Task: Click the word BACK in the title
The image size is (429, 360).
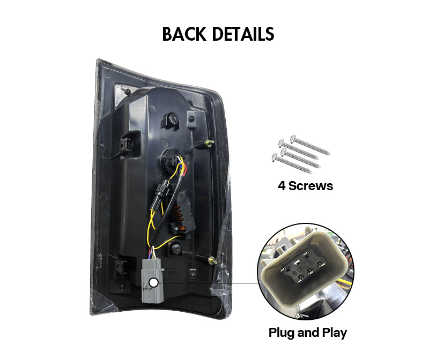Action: pos(184,34)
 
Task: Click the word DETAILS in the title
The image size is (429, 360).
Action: pos(243,34)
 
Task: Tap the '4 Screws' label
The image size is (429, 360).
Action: pos(305,186)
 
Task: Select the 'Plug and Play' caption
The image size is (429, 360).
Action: pos(307,333)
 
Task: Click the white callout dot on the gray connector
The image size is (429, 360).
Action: pos(154,283)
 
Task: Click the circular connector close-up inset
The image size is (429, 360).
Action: pos(306,272)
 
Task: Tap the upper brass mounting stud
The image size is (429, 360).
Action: pos(209,143)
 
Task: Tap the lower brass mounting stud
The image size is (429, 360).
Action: pos(212,260)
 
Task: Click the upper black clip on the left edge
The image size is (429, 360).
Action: pos(125,144)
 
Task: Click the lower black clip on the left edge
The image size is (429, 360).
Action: pos(120,265)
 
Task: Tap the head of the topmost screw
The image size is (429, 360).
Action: pos(293,138)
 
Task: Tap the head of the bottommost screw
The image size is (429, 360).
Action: pos(275,156)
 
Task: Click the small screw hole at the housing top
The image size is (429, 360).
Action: pos(127,91)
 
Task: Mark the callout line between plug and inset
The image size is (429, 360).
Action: pos(208,283)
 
